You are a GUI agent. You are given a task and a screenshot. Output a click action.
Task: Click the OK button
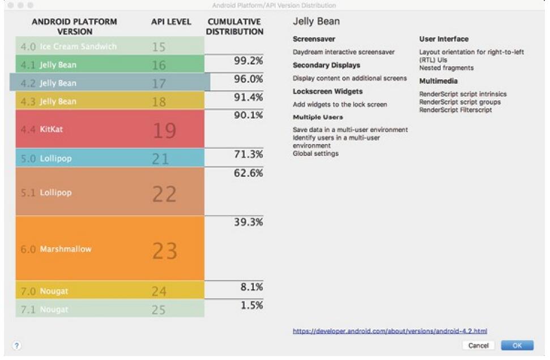tap(517, 345)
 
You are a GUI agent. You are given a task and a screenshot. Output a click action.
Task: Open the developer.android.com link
tap(390, 331)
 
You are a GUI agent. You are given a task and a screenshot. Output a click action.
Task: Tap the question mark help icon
tap(17, 345)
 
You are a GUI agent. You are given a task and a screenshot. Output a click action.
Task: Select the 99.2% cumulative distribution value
tap(248, 61)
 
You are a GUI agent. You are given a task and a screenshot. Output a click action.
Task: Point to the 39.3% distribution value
tap(248, 222)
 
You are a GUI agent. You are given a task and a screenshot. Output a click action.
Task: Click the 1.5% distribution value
tap(251, 305)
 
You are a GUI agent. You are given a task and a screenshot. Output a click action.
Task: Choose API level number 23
tap(164, 250)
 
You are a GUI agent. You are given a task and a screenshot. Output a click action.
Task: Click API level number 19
tap(164, 130)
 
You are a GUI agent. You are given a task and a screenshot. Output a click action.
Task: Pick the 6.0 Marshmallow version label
tap(56, 249)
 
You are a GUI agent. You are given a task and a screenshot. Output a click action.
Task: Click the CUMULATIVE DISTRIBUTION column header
tap(235, 27)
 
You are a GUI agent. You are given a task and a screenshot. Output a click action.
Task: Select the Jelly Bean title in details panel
tap(316, 22)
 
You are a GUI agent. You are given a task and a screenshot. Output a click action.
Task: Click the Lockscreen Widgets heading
tap(327, 91)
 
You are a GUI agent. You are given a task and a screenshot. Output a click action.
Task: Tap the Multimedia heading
tap(438, 81)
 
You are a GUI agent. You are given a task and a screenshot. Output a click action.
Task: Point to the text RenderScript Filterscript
tap(455, 110)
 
